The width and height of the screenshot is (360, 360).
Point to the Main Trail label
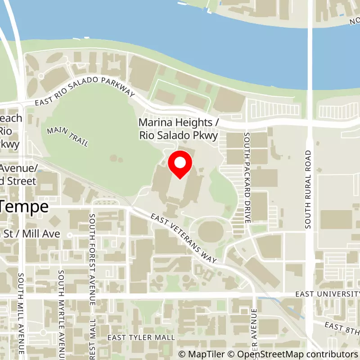pyautogui.click(x=67, y=136)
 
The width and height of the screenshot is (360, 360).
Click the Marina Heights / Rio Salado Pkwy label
pyautogui.click(x=178, y=128)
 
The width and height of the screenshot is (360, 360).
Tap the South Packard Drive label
pyautogui.click(x=247, y=178)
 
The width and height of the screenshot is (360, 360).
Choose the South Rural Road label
pyautogui.click(x=308, y=189)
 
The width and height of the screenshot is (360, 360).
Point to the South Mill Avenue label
pyautogui.click(x=21, y=315)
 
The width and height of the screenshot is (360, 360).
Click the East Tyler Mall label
pyautogui.click(x=141, y=337)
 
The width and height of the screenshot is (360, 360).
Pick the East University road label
pyautogui.click(x=327, y=294)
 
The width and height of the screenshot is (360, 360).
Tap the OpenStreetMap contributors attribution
pyautogui.click(x=292, y=354)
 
